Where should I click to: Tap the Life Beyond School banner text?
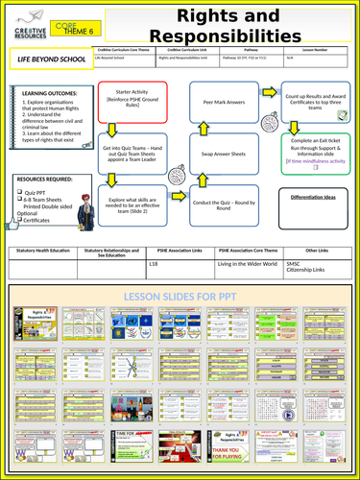pyautogui.click(x=47, y=60)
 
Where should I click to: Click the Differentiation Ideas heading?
pyautogui.click(x=314, y=196)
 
